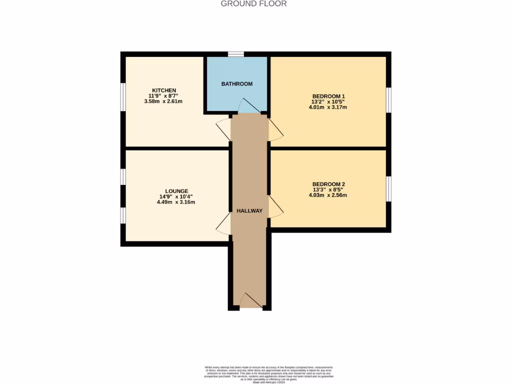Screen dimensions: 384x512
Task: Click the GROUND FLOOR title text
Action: point(254,4)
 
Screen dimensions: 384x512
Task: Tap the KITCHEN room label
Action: point(164,90)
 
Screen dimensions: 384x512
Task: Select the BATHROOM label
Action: point(237,84)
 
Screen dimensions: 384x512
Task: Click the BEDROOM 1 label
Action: point(329,96)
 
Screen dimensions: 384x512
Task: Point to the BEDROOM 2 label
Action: point(329,184)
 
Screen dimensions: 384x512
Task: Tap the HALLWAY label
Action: point(250,211)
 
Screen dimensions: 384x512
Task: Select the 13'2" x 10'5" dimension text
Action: point(329,101)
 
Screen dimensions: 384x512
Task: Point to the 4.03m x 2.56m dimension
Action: point(329,195)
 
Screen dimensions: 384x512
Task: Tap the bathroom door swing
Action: point(247,106)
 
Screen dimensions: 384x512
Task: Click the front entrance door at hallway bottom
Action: point(251,301)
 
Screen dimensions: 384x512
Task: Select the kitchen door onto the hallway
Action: point(224,129)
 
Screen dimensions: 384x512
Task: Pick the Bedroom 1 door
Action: point(275,129)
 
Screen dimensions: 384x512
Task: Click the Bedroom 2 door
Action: point(275,206)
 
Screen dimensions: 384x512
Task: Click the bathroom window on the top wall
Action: point(235,54)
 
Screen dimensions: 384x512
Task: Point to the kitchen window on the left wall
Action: point(123,95)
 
